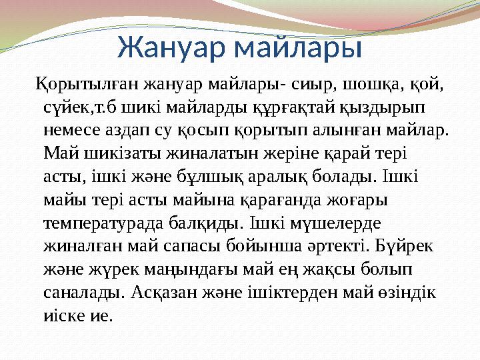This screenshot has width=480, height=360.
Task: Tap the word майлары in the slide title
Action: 301,48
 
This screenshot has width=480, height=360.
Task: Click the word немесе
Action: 73,129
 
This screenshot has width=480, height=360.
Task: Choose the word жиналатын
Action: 195,153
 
